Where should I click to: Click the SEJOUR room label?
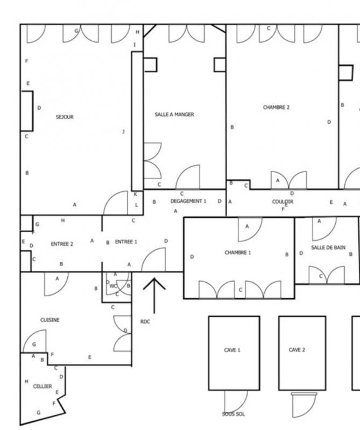(65, 117)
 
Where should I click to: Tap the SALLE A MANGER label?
(174, 114)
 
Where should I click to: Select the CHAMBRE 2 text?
(276, 107)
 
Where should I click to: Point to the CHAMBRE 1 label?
(238, 252)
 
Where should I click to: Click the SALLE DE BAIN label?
(328, 248)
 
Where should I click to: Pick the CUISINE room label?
(50, 320)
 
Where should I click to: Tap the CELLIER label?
(43, 386)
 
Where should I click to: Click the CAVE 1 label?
(232, 350)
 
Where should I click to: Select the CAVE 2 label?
(297, 350)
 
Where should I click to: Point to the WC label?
(113, 286)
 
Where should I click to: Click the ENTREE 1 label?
(126, 242)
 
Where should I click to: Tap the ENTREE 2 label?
(62, 244)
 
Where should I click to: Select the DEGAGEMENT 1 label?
(188, 201)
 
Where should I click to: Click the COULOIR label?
(283, 202)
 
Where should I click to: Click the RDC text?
(145, 321)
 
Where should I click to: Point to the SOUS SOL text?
(234, 414)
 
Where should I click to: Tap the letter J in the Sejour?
(123, 132)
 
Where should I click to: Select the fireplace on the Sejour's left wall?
(27, 111)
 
